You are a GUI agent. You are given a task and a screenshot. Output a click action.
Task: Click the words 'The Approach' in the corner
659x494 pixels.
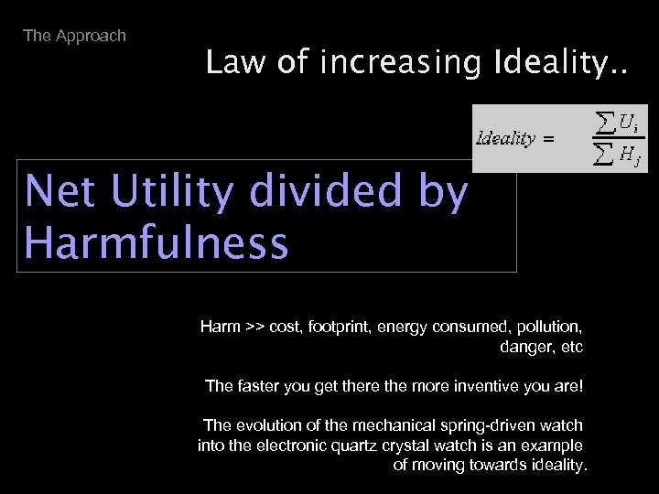pos(74,36)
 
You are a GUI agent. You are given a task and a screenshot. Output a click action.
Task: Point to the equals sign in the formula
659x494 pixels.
pos(548,138)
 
